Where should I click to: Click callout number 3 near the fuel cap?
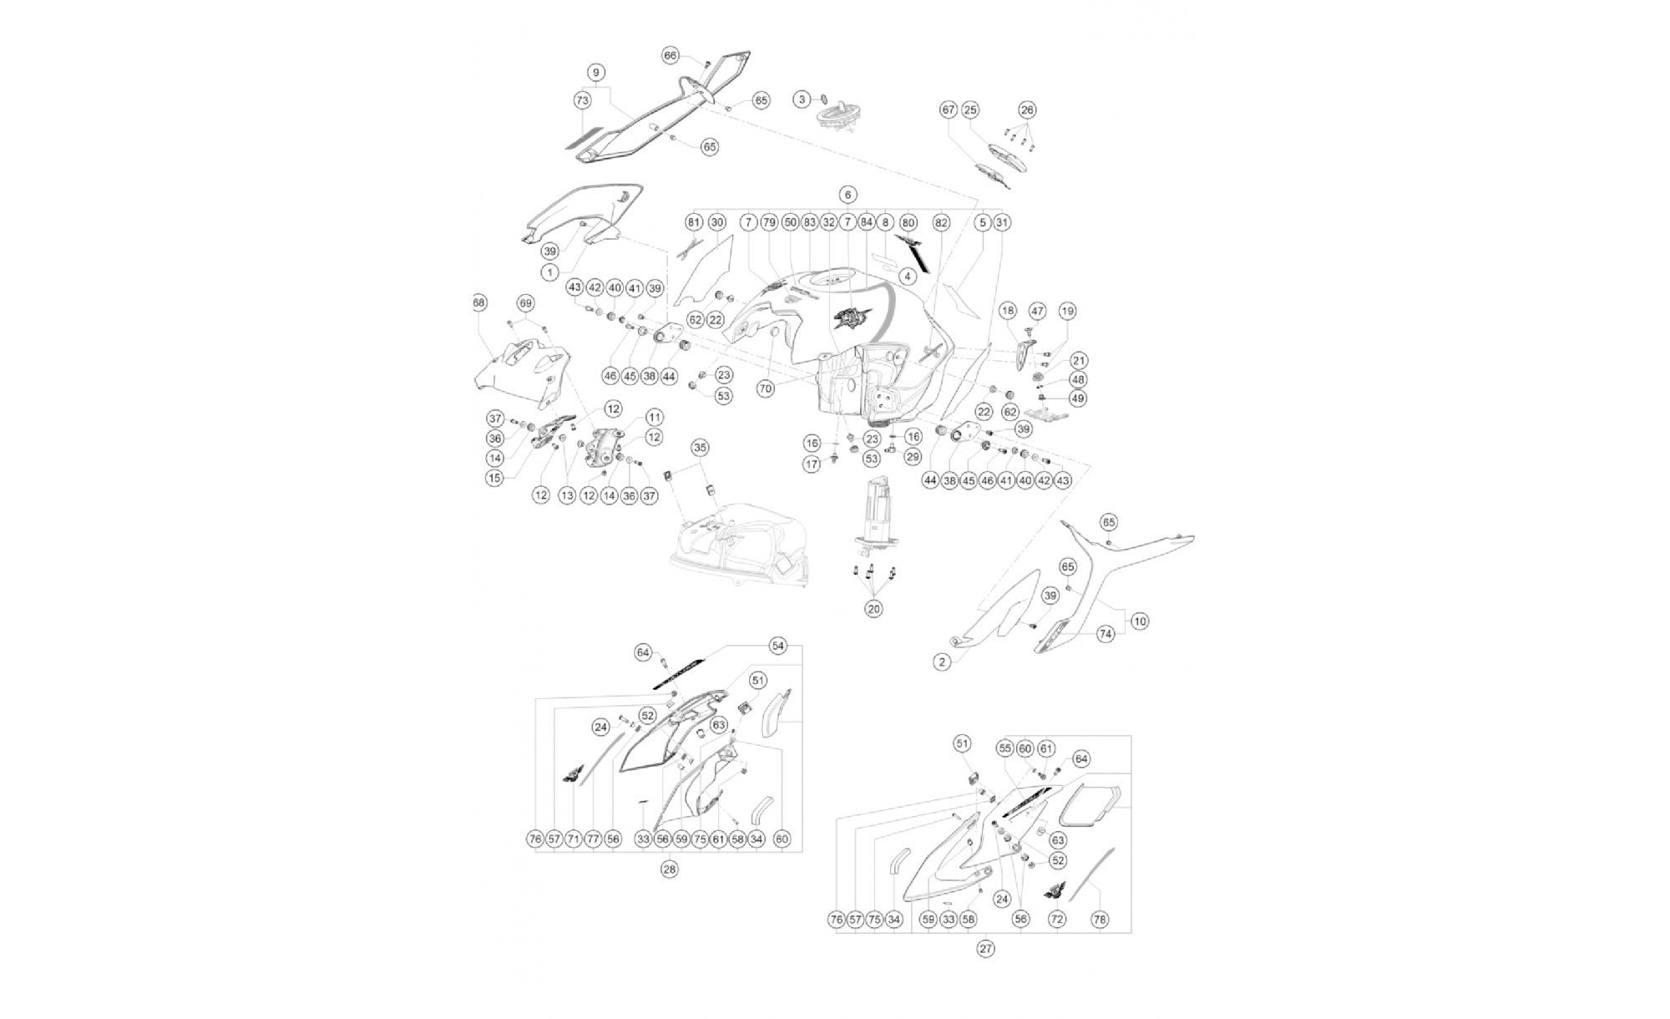[x=802, y=99]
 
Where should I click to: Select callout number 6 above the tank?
[x=848, y=195]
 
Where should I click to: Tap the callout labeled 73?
[x=582, y=100]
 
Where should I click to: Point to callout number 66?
[x=671, y=55]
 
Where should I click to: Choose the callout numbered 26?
[x=1027, y=109]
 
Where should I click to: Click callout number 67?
[x=948, y=109]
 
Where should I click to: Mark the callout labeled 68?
[x=479, y=302]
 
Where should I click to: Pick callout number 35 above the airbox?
[x=700, y=448]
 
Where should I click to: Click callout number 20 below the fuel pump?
[x=873, y=609]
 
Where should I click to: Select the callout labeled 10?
[x=1140, y=621]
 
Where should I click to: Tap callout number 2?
[x=942, y=662]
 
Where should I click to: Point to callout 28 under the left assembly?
[x=669, y=869]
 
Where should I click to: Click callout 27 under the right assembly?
[x=986, y=949]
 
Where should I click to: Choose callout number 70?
[x=766, y=388]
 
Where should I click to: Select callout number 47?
[x=1037, y=311]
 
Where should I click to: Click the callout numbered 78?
[x=1100, y=920]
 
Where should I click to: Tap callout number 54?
[x=778, y=646]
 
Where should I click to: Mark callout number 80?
[x=908, y=223]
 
